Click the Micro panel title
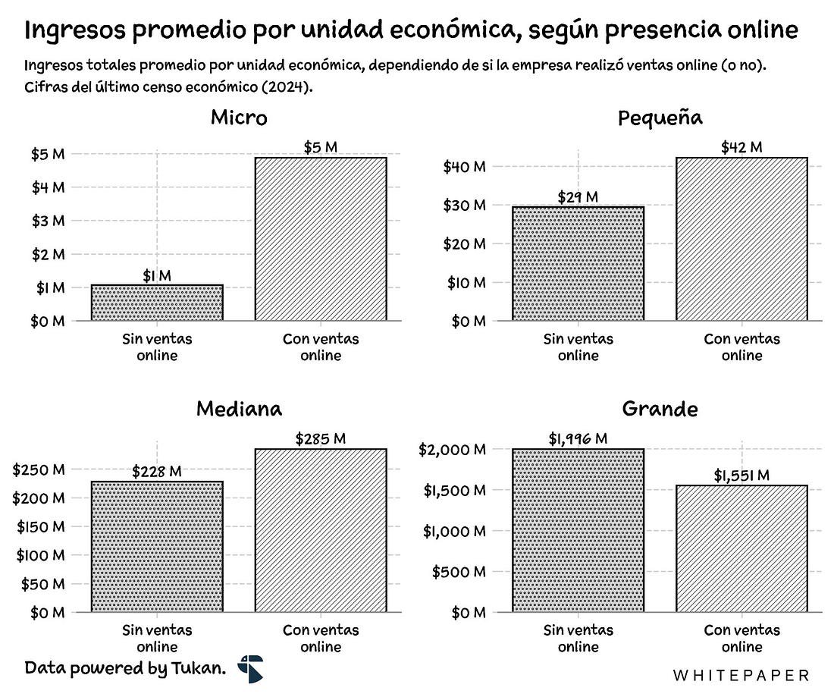(x=239, y=118)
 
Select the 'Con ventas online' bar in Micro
(x=321, y=239)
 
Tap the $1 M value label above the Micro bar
(x=157, y=276)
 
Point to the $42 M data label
(x=742, y=147)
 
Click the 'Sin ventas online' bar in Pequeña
(x=578, y=263)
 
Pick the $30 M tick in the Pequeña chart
(x=464, y=206)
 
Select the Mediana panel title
(x=239, y=410)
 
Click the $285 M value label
(x=321, y=438)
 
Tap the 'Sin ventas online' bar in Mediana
(x=157, y=546)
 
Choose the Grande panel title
(x=660, y=410)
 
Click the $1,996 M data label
(x=578, y=438)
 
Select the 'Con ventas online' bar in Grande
(x=742, y=548)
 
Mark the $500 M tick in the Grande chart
(x=459, y=572)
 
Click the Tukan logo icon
(x=249, y=668)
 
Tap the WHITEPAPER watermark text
(x=741, y=674)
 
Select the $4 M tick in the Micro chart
(x=47, y=187)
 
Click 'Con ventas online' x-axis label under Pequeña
(x=742, y=347)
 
